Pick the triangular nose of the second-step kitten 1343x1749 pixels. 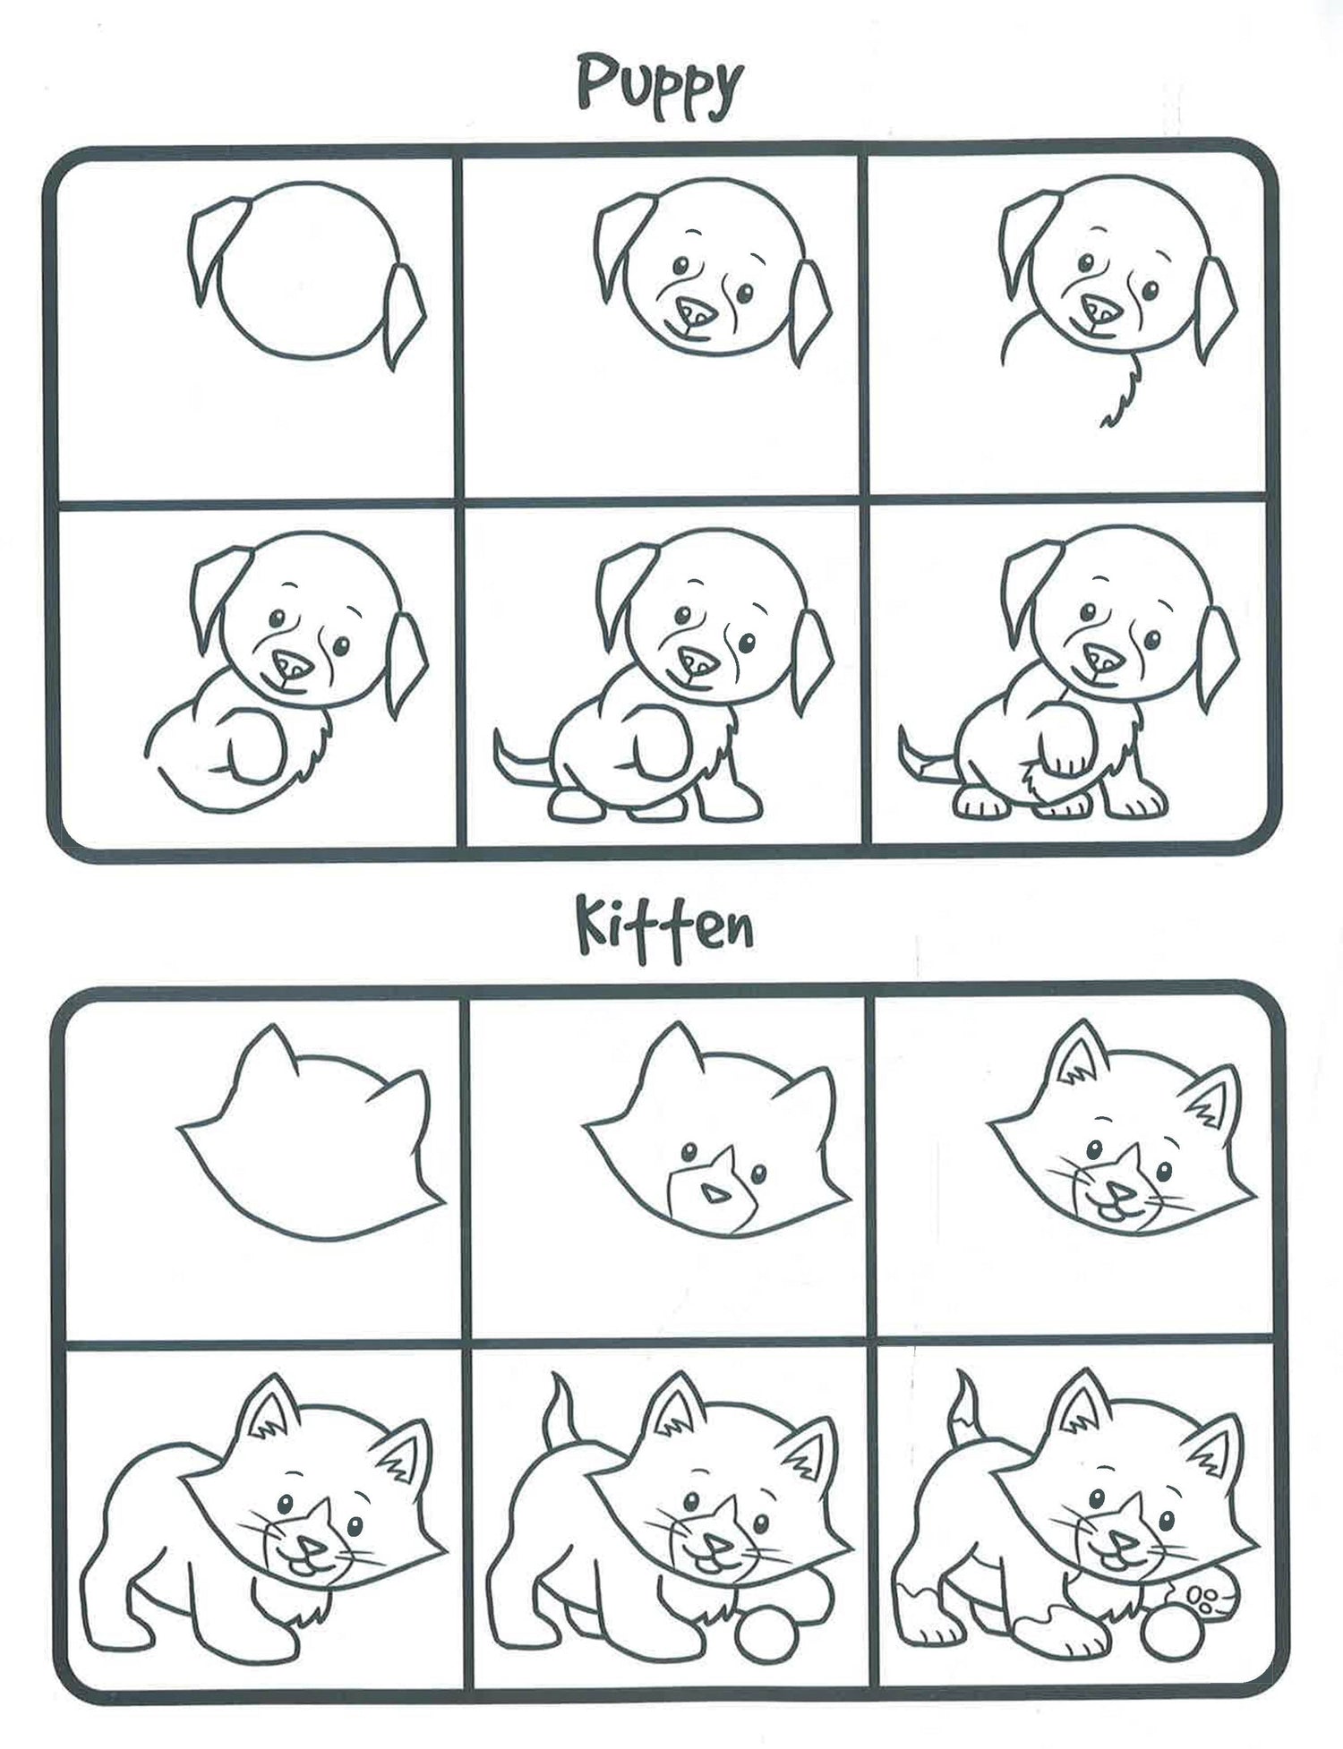tap(714, 1194)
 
